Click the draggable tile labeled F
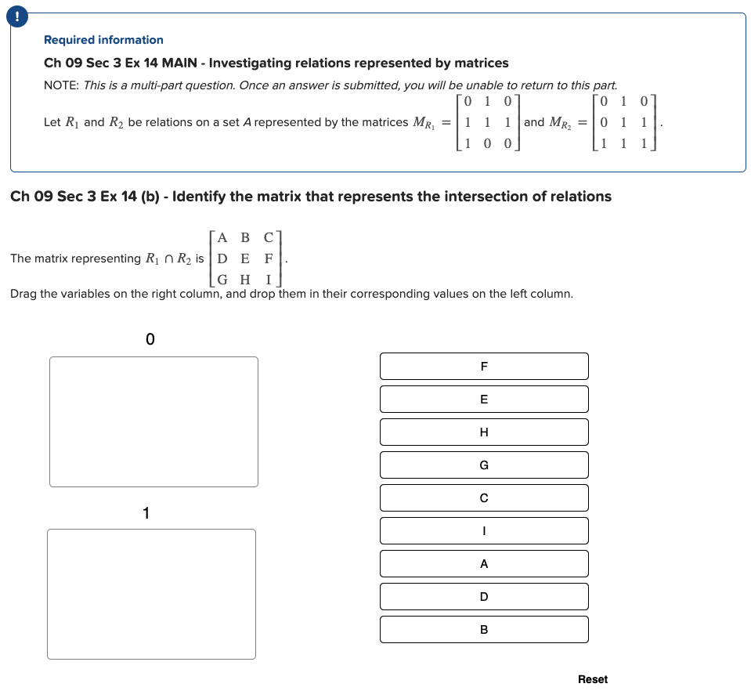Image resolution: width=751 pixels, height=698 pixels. pos(484,366)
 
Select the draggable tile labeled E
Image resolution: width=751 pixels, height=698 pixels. pos(484,399)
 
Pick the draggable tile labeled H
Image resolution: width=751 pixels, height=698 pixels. pos(484,432)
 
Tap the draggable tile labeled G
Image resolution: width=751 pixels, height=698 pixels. pos(484,465)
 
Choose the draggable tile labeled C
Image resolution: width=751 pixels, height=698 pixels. pos(484,497)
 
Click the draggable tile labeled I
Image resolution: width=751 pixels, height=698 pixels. pos(484,530)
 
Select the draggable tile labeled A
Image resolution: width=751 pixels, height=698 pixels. pos(484,563)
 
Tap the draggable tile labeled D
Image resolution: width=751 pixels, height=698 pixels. pos(484,596)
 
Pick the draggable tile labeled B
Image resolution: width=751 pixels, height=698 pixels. pos(484,629)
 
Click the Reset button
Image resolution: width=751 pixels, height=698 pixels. pos(592,679)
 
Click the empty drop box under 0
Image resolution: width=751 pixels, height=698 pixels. pos(153,421)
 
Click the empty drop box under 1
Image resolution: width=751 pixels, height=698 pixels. pos(151,594)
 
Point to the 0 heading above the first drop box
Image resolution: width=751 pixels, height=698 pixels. pos(150,339)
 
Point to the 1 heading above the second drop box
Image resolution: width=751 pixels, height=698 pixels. pos(146,513)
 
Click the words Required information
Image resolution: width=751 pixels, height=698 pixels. pos(103,40)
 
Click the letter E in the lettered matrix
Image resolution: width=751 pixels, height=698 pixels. pos(245,258)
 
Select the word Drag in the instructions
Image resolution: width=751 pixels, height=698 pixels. pos(23,294)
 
